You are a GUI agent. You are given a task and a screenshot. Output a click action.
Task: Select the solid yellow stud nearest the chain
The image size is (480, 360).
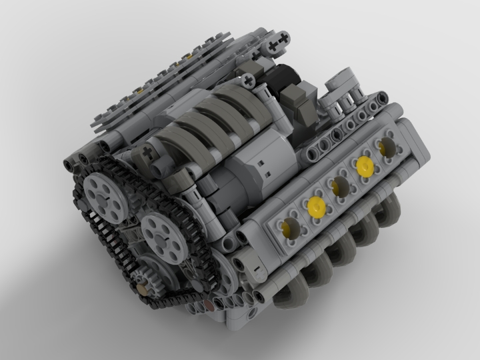tap(315, 205)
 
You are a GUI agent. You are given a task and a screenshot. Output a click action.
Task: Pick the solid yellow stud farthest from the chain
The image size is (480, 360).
tap(364, 165)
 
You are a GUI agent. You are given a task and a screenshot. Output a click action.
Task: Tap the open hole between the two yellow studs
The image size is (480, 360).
tap(340, 185)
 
